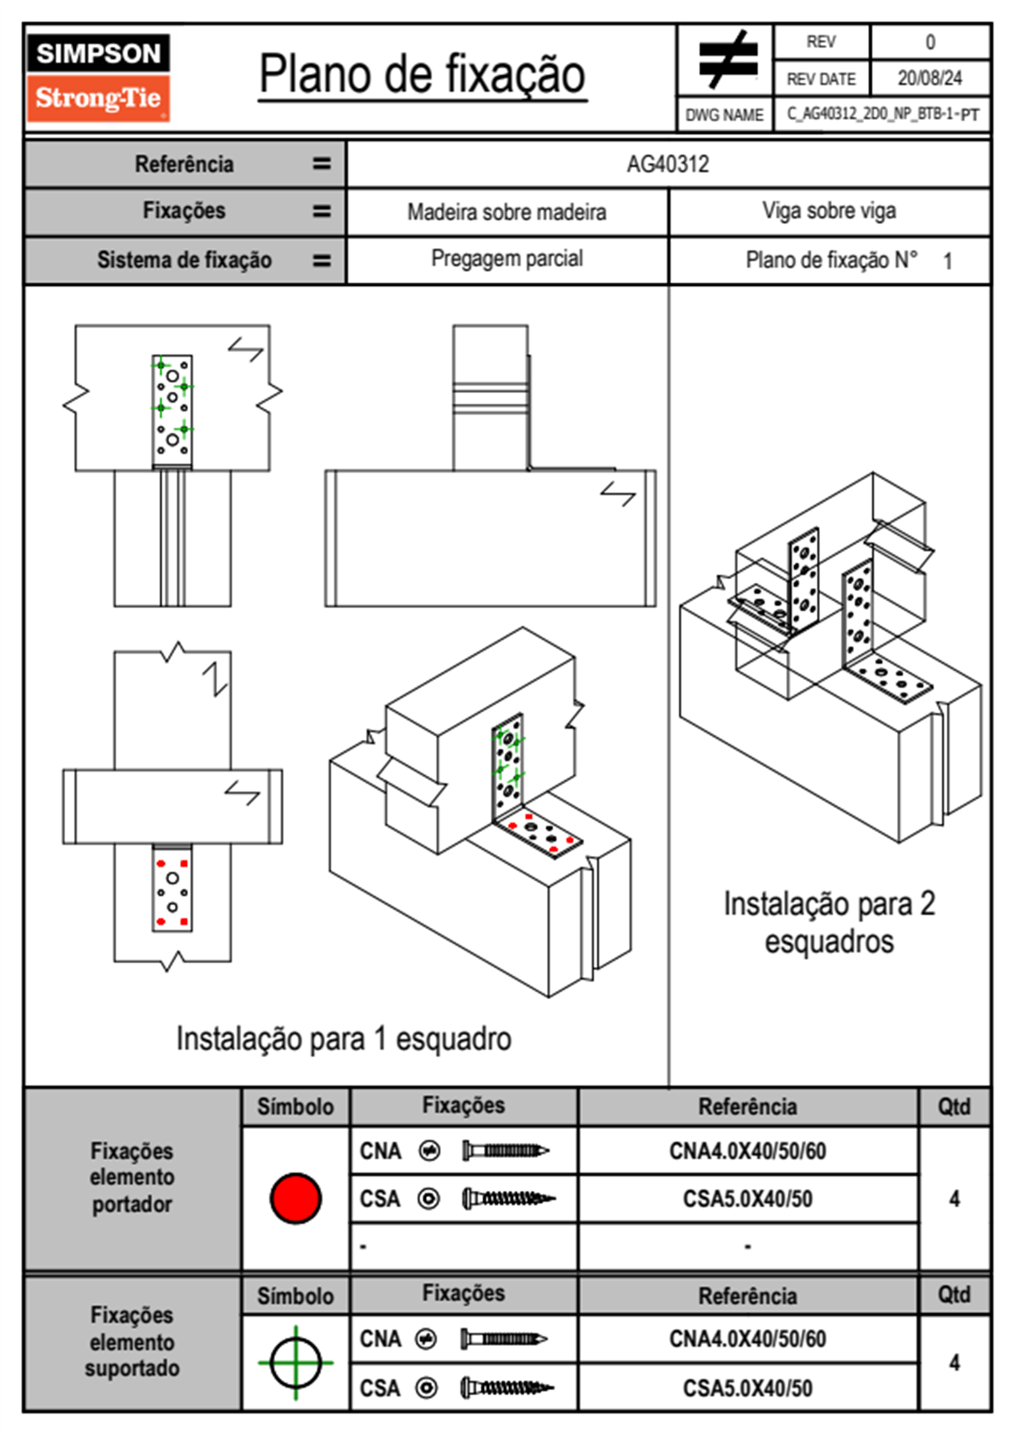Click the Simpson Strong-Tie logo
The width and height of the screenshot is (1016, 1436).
click(x=98, y=77)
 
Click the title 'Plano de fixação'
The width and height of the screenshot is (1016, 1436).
click(x=422, y=75)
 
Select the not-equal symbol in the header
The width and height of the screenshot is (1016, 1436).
click(x=727, y=60)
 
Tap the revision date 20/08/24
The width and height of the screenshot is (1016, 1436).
click(x=929, y=79)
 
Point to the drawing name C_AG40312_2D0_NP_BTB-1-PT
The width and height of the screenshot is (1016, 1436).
click(x=882, y=114)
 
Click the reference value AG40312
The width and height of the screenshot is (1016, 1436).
click(x=668, y=164)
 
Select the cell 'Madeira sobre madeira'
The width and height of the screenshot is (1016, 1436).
click(x=506, y=212)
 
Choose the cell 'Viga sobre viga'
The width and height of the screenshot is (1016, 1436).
click(x=829, y=211)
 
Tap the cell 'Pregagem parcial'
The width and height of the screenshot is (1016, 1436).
click(x=506, y=259)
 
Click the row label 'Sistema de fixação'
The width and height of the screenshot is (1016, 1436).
click(x=184, y=260)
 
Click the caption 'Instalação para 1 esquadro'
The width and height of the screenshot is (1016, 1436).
click(x=343, y=1039)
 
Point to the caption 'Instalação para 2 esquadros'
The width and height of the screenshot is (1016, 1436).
click(x=829, y=922)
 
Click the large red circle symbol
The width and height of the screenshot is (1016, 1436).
click(x=295, y=1198)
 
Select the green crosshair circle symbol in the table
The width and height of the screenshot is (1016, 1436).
click(x=295, y=1363)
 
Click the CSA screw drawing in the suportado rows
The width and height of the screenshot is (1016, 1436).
click(x=507, y=1388)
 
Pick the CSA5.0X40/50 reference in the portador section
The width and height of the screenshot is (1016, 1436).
click(x=747, y=1200)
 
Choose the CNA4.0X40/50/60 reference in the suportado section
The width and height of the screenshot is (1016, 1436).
click(x=747, y=1339)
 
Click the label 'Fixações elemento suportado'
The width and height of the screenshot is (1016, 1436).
click(x=131, y=1341)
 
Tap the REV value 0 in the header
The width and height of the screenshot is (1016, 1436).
click(x=930, y=42)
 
